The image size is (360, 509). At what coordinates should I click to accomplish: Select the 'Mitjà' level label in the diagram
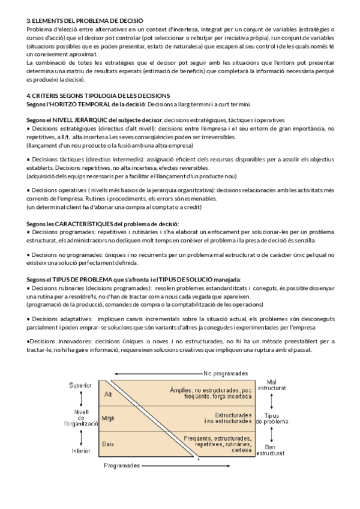pyautogui.click(x=109, y=418)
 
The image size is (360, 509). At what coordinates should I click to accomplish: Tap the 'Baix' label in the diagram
pyautogui.click(x=109, y=443)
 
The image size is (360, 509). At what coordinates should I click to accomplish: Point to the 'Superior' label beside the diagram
pyautogui.click(x=80, y=384)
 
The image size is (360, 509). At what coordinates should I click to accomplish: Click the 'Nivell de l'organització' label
pyautogui.click(x=81, y=418)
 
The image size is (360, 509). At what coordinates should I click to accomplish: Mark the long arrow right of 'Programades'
pyautogui.click(x=185, y=465)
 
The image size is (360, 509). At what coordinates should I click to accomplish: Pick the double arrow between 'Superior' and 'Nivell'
pyautogui.click(x=80, y=399)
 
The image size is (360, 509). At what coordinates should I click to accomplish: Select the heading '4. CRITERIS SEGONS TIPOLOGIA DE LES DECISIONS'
pyautogui.click(x=98, y=96)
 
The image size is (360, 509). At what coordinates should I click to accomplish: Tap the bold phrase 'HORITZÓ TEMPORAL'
pyautogui.click(x=80, y=103)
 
